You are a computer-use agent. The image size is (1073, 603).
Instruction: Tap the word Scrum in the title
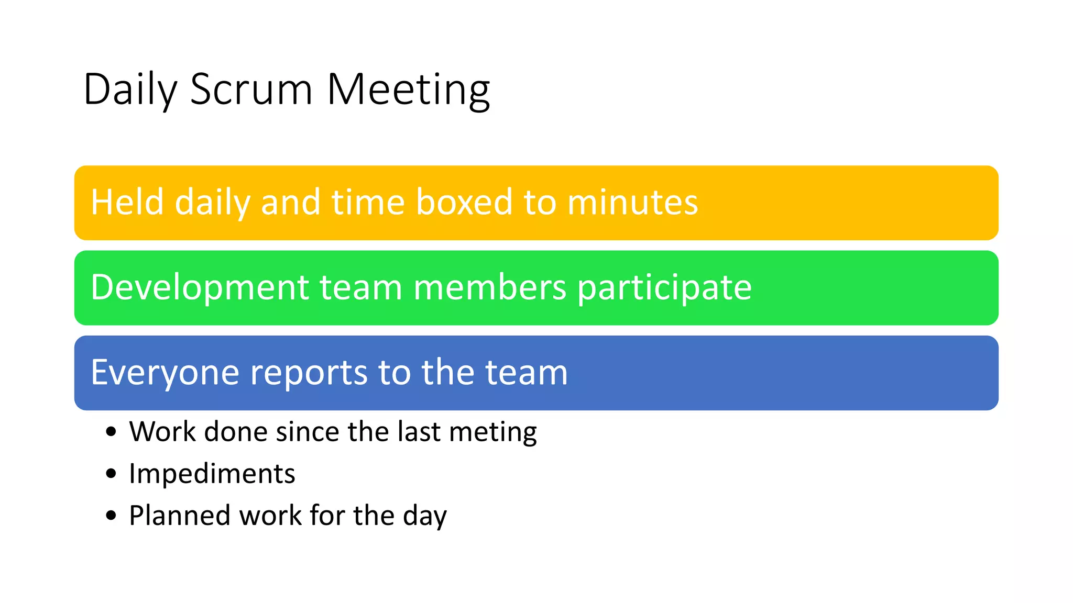click(x=251, y=90)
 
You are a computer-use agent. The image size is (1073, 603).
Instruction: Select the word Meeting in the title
click(x=408, y=90)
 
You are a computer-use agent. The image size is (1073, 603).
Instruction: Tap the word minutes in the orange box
click(x=632, y=202)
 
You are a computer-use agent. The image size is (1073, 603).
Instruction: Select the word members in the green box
click(x=489, y=287)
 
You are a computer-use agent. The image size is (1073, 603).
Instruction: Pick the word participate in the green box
click(x=664, y=287)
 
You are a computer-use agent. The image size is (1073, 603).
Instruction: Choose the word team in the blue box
click(x=526, y=373)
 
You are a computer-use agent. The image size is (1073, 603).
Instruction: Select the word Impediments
click(x=212, y=474)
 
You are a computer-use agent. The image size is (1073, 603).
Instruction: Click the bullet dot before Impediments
click(x=111, y=474)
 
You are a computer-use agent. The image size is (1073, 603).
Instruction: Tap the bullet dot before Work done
click(x=111, y=432)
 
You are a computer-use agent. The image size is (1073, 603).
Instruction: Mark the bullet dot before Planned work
click(x=111, y=516)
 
